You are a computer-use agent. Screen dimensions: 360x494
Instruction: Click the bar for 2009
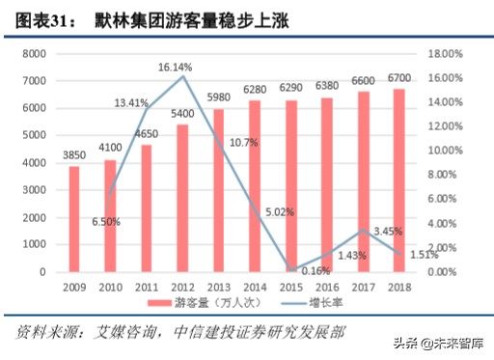(x=74, y=219)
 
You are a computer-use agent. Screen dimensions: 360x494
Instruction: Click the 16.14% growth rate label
(x=177, y=68)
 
